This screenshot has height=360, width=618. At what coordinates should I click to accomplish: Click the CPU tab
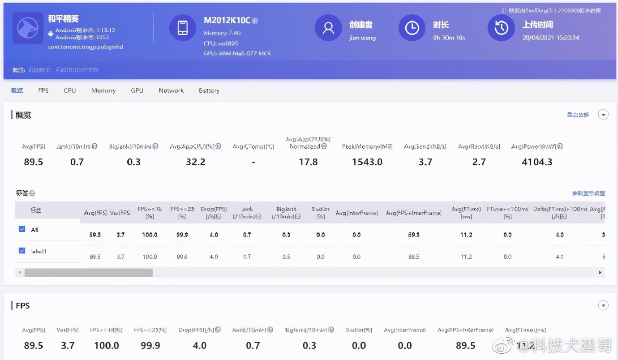(69, 90)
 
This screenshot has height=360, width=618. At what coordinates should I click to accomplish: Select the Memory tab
(103, 90)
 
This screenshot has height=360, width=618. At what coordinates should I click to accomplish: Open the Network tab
(171, 90)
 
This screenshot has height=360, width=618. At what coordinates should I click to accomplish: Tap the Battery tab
(209, 90)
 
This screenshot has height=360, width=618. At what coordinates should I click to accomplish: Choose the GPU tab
(137, 90)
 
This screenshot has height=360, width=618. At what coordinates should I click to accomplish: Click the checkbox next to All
(22, 229)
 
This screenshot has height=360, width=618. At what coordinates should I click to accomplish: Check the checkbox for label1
(22, 251)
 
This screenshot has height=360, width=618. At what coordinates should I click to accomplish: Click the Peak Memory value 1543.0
(367, 162)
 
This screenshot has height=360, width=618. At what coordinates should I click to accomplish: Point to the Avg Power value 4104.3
(537, 162)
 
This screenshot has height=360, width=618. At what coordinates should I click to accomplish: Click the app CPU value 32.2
(196, 162)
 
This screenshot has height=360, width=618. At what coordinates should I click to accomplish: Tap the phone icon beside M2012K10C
(183, 28)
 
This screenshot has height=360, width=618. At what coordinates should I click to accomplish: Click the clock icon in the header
(412, 28)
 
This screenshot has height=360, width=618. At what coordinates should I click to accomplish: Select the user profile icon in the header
(328, 28)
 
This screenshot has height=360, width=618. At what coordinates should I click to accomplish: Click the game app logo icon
(28, 28)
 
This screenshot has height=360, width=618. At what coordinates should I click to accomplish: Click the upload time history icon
(501, 28)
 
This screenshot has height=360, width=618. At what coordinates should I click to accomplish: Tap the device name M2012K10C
(227, 21)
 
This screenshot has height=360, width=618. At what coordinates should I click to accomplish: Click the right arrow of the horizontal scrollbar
(600, 272)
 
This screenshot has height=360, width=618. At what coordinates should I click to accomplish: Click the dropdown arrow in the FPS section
(604, 305)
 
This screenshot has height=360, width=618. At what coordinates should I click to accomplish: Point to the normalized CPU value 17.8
(308, 162)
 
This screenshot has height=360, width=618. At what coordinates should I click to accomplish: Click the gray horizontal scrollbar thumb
(88, 272)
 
